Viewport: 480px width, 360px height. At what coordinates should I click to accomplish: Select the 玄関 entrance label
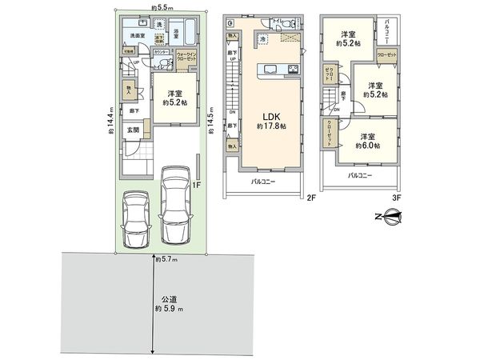(131, 130)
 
